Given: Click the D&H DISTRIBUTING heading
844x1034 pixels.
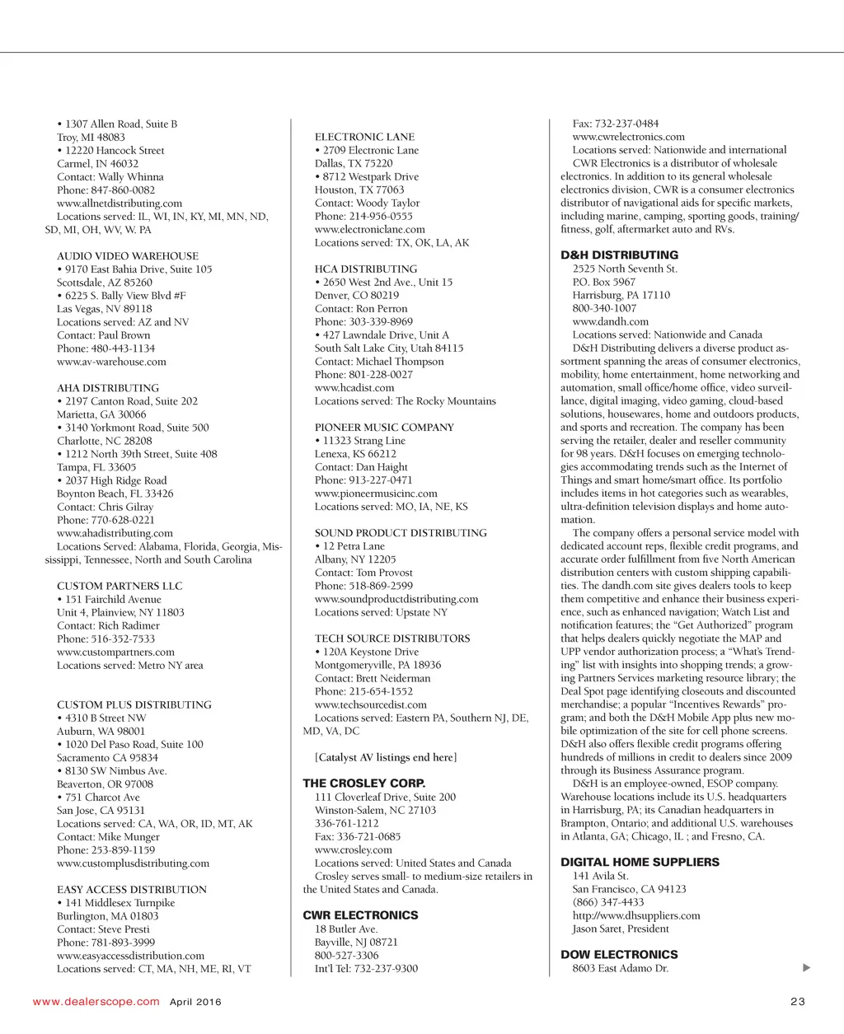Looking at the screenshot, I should click(619, 255).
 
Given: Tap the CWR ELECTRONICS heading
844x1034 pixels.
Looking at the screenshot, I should click(360, 915).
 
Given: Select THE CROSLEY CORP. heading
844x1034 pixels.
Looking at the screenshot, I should click(363, 784).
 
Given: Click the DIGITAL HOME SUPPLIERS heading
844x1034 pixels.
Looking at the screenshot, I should click(640, 863).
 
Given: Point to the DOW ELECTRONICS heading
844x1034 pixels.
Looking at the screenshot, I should click(619, 955).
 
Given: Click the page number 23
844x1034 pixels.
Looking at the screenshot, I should click(797, 1002).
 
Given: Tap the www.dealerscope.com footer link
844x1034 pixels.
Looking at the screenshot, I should click(96, 1002).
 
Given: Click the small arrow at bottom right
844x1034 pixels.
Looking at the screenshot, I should click(806, 968).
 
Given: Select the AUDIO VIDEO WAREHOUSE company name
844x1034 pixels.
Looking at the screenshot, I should click(128, 256).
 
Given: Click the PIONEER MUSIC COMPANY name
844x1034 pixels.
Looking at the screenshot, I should click(384, 428).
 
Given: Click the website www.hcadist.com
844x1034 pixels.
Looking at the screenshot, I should click(354, 388).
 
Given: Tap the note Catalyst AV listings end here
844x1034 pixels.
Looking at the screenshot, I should click(386, 757).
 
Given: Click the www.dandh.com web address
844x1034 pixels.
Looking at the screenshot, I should click(610, 322).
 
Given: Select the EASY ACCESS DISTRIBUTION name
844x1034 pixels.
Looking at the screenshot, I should click(132, 890).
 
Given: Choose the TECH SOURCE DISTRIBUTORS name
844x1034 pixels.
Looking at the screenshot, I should click(392, 639).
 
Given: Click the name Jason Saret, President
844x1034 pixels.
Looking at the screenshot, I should click(621, 929).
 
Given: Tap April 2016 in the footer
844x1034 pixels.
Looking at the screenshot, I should click(195, 1003).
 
